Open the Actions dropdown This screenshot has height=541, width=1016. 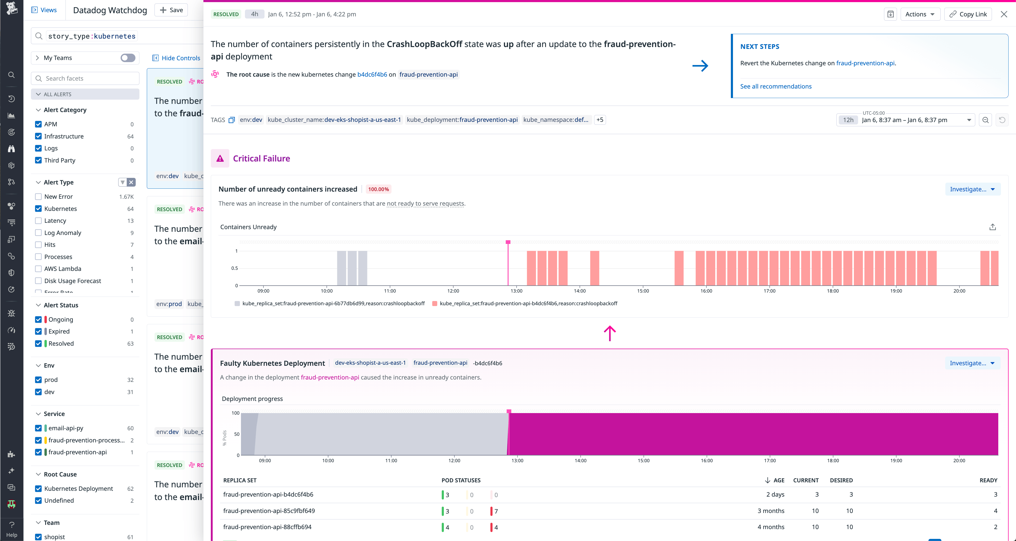tap(920, 14)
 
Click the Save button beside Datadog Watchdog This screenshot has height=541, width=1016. tap(171, 10)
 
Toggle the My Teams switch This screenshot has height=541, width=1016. tap(128, 58)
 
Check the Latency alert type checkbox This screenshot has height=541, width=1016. tap(38, 221)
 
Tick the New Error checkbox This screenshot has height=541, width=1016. tap(38, 197)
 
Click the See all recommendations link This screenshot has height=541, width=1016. tap(775, 86)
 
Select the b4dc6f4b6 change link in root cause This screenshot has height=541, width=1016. tap(372, 75)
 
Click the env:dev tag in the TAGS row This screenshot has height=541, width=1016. tap(251, 120)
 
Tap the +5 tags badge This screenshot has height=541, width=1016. tap(599, 120)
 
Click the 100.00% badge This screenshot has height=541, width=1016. tap(378, 189)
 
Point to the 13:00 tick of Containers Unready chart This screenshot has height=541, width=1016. tap(516, 291)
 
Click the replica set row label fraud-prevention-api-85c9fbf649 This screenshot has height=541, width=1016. tap(269, 511)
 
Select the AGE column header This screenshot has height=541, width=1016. tap(778, 480)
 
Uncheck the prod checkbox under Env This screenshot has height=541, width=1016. tap(38, 380)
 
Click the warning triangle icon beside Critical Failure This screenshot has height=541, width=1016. tap(220, 158)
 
